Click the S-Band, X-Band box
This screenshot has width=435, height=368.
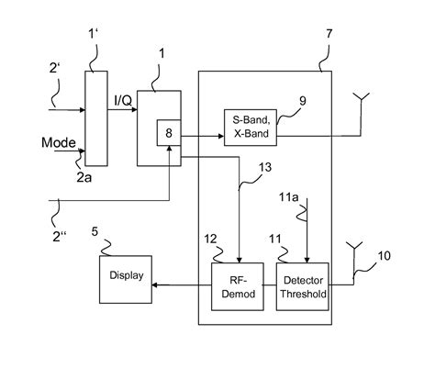(x=251, y=125)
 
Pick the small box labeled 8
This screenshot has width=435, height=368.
(x=168, y=135)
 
